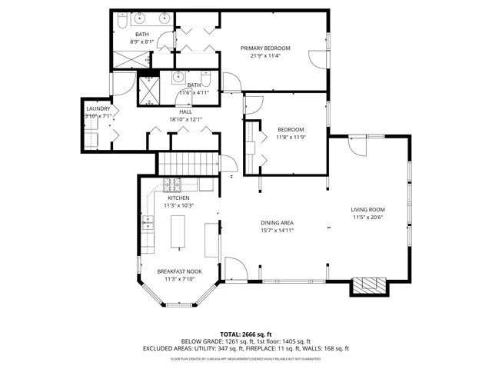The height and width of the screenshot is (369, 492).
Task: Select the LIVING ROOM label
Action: coord(367,209)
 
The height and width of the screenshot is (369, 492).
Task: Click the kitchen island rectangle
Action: coord(178,231)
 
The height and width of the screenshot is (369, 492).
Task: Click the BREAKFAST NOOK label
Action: coord(178,271)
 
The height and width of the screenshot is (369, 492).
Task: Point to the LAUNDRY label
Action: coord(98,108)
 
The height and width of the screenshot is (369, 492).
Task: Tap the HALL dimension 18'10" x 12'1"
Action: coord(185,119)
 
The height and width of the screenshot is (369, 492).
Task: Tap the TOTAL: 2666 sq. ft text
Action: coord(245,334)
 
